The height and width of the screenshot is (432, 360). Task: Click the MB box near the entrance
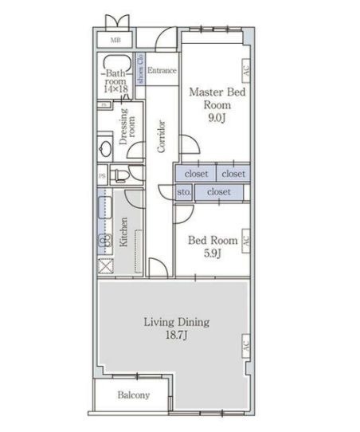click(115, 39)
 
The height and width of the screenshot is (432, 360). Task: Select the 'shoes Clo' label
click(141, 70)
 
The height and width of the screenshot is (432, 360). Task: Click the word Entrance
click(162, 70)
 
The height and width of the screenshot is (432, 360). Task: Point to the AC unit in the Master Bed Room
click(246, 70)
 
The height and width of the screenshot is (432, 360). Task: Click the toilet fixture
click(118, 175)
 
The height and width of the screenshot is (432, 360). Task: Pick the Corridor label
click(160, 136)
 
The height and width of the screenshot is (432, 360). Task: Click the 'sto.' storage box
click(183, 192)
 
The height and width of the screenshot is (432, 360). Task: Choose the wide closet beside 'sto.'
click(219, 192)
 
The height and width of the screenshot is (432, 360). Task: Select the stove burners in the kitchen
click(104, 242)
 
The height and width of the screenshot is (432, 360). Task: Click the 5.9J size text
click(211, 254)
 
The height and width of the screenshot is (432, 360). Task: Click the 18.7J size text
click(176, 337)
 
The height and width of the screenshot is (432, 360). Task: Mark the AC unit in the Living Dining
click(246, 347)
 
